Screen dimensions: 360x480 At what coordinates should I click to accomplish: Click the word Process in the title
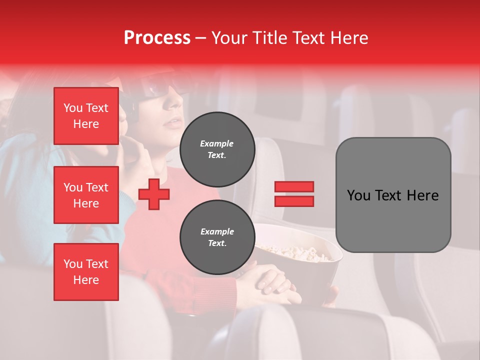coord(157,38)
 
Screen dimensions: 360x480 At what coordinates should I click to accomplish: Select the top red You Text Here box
coord(86,116)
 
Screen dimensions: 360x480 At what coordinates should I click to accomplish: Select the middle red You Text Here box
coord(86,195)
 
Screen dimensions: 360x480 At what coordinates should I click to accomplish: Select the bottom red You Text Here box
coord(86,271)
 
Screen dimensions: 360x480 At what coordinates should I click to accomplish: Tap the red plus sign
coord(154,194)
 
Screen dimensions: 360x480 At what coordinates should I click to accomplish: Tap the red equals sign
coord(294,194)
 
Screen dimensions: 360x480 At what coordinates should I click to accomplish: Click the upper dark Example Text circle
coord(217,149)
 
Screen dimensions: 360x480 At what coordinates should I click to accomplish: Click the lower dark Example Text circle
coord(217,237)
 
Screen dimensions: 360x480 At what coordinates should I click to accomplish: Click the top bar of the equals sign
coord(294,187)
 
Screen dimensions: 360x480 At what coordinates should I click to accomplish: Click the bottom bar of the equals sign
coord(294,201)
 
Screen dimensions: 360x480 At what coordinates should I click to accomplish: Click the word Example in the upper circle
coord(217,143)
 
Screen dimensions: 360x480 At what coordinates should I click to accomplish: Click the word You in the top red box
coord(73,108)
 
